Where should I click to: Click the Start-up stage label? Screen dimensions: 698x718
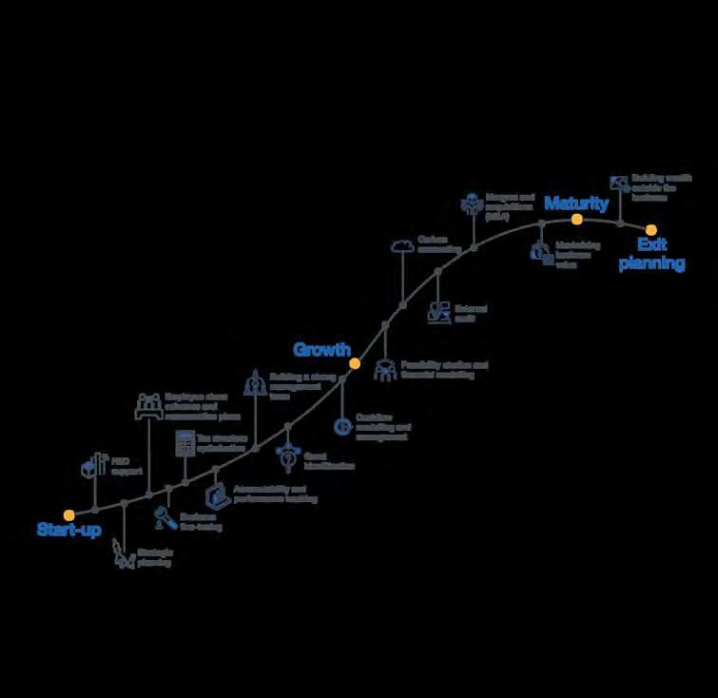[x=69, y=530]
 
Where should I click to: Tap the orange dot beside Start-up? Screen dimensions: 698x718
[x=69, y=514]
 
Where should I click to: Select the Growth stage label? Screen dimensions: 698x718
[x=321, y=350]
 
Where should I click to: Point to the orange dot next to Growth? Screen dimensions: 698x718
[x=355, y=363]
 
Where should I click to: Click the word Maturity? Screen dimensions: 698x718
[x=576, y=204]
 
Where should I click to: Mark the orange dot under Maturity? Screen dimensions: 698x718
[x=576, y=219]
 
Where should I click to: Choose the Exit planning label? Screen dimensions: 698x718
[x=651, y=255]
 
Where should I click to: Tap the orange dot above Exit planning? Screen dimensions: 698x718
[x=651, y=229]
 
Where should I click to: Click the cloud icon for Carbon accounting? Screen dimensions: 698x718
[x=402, y=246]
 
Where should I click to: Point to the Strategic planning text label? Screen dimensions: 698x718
[x=154, y=557]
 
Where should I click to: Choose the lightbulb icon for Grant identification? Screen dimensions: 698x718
[x=287, y=457]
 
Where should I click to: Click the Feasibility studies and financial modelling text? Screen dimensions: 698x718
[x=444, y=369]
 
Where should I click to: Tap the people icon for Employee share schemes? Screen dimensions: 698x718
[x=149, y=404]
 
